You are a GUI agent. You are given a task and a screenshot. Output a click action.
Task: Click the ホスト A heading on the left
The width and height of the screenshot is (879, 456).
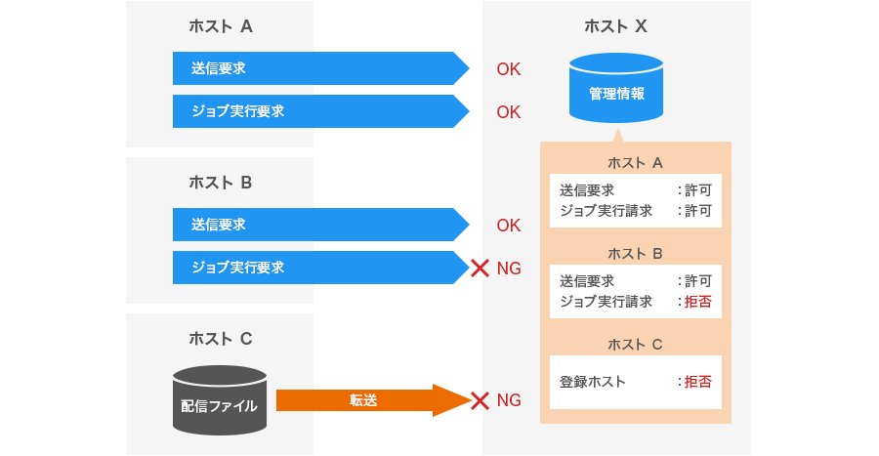[x=220, y=26]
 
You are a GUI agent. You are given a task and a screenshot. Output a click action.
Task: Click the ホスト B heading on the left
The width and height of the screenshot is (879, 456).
[x=220, y=183]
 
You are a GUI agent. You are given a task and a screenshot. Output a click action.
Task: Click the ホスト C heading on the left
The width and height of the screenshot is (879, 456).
[x=220, y=339]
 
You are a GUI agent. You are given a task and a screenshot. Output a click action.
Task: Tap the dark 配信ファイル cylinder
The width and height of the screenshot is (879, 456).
[x=220, y=400]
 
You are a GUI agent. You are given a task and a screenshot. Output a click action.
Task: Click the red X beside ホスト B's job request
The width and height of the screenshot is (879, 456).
[x=480, y=268]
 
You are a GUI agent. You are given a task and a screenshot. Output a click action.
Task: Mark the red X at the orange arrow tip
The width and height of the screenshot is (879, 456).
[x=480, y=400]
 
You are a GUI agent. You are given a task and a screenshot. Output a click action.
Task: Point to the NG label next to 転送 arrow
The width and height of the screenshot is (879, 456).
[x=509, y=400]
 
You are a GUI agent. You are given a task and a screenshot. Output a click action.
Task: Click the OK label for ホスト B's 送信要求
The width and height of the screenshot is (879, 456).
[x=509, y=226]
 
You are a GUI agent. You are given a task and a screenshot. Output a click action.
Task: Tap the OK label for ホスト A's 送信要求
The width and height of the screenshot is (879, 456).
[x=509, y=69]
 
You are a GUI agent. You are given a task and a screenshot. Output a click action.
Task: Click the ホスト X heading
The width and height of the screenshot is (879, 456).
[x=615, y=26]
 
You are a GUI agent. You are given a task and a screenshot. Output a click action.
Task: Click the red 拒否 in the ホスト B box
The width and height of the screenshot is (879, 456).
[x=697, y=302]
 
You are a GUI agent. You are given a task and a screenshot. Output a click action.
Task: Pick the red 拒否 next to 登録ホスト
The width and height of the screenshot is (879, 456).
[x=697, y=382]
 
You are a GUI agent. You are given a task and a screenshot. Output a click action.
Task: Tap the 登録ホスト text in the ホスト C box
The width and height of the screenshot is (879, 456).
[x=593, y=382]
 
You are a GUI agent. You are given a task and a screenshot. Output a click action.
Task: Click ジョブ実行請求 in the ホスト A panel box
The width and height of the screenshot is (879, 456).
[x=606, y=210]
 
